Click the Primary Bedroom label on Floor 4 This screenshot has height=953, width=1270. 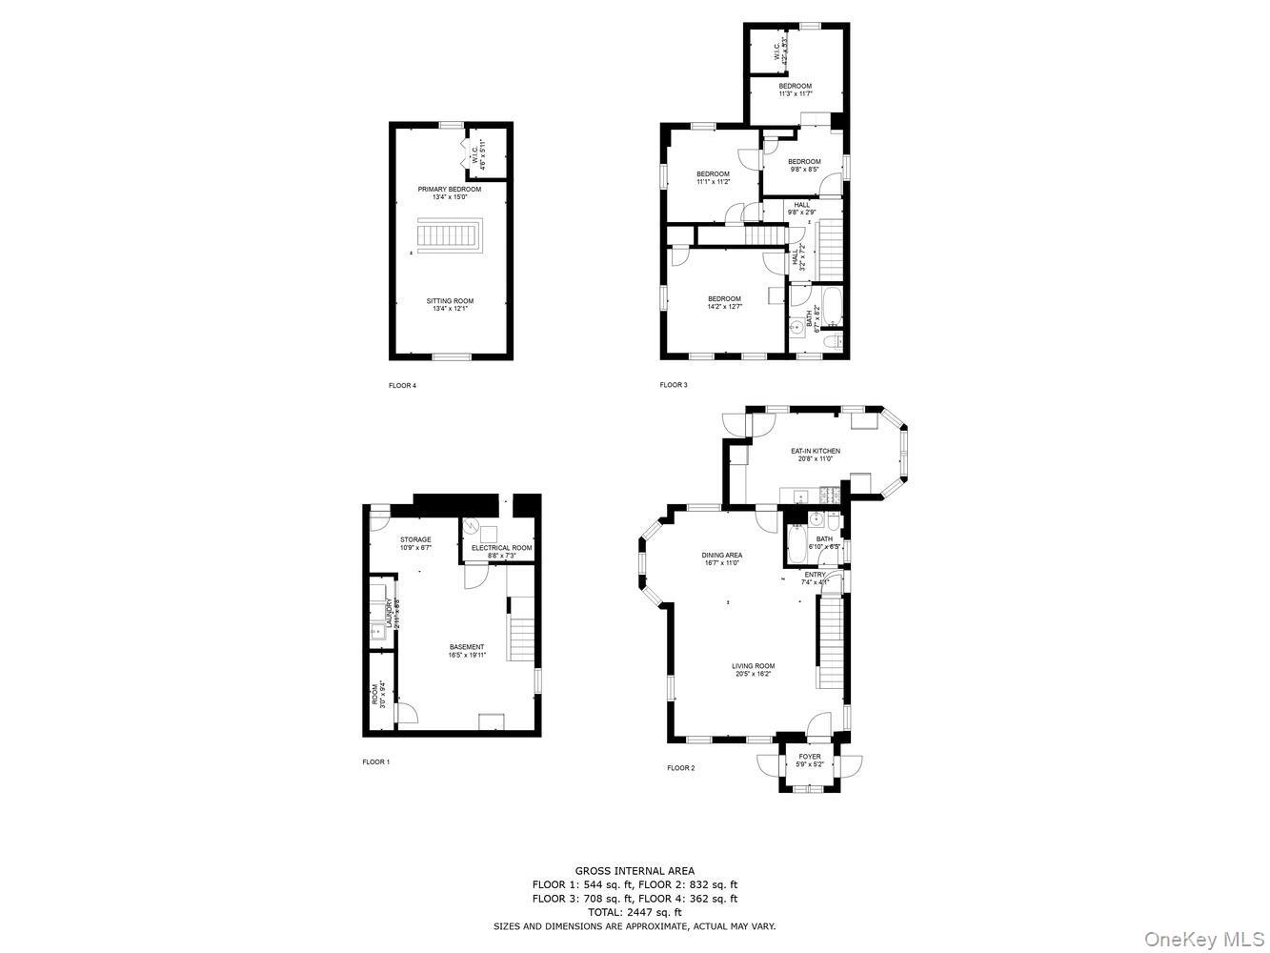(450, 193)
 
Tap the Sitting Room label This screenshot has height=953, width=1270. (450, 305)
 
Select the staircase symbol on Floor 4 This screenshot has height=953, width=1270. (451, 235)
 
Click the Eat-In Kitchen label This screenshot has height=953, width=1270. (816, 455)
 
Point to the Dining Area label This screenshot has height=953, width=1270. (721, 558)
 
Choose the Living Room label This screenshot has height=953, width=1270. (753, 670)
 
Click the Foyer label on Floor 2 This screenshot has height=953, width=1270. (810, 760)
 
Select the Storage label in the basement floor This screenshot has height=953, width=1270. (415, 543)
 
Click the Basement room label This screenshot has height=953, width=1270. (467, 651)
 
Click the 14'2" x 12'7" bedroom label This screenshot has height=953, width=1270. (724, 303)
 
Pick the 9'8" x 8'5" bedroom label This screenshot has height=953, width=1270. (804, 165)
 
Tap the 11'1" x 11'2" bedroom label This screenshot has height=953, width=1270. (713, 177)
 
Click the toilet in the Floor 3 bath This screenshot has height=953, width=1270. (832, 342)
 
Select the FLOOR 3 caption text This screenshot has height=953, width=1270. (674, 385)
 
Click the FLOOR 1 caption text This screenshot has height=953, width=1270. (375, 761)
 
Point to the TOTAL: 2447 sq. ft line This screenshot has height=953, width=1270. (635, 912)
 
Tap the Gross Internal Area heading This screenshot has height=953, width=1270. (635, 870)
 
